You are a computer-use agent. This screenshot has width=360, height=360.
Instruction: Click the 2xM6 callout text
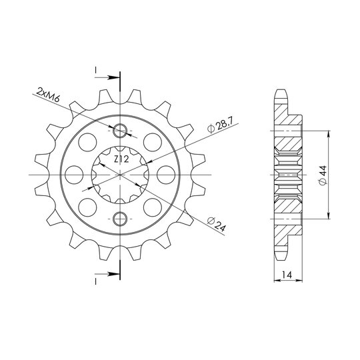click(x=48, y=95)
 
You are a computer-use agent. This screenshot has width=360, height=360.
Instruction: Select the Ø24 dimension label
click(x=217, y=224)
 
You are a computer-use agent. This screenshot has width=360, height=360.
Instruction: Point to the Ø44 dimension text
click(x=323, y=175)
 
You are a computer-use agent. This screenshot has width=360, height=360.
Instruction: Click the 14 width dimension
click(x=287, y=275)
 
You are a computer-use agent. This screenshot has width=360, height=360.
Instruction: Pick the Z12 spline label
click(x=121, y=159)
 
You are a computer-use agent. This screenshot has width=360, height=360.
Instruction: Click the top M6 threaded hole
click(x=119, y=131)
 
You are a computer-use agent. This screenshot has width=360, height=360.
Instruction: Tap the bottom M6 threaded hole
click(x=119, y=219)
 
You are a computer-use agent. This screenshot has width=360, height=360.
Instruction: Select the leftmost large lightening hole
click(x=74, y=175)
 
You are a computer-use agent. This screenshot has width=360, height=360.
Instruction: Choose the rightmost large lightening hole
click(x=166, y=175)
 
